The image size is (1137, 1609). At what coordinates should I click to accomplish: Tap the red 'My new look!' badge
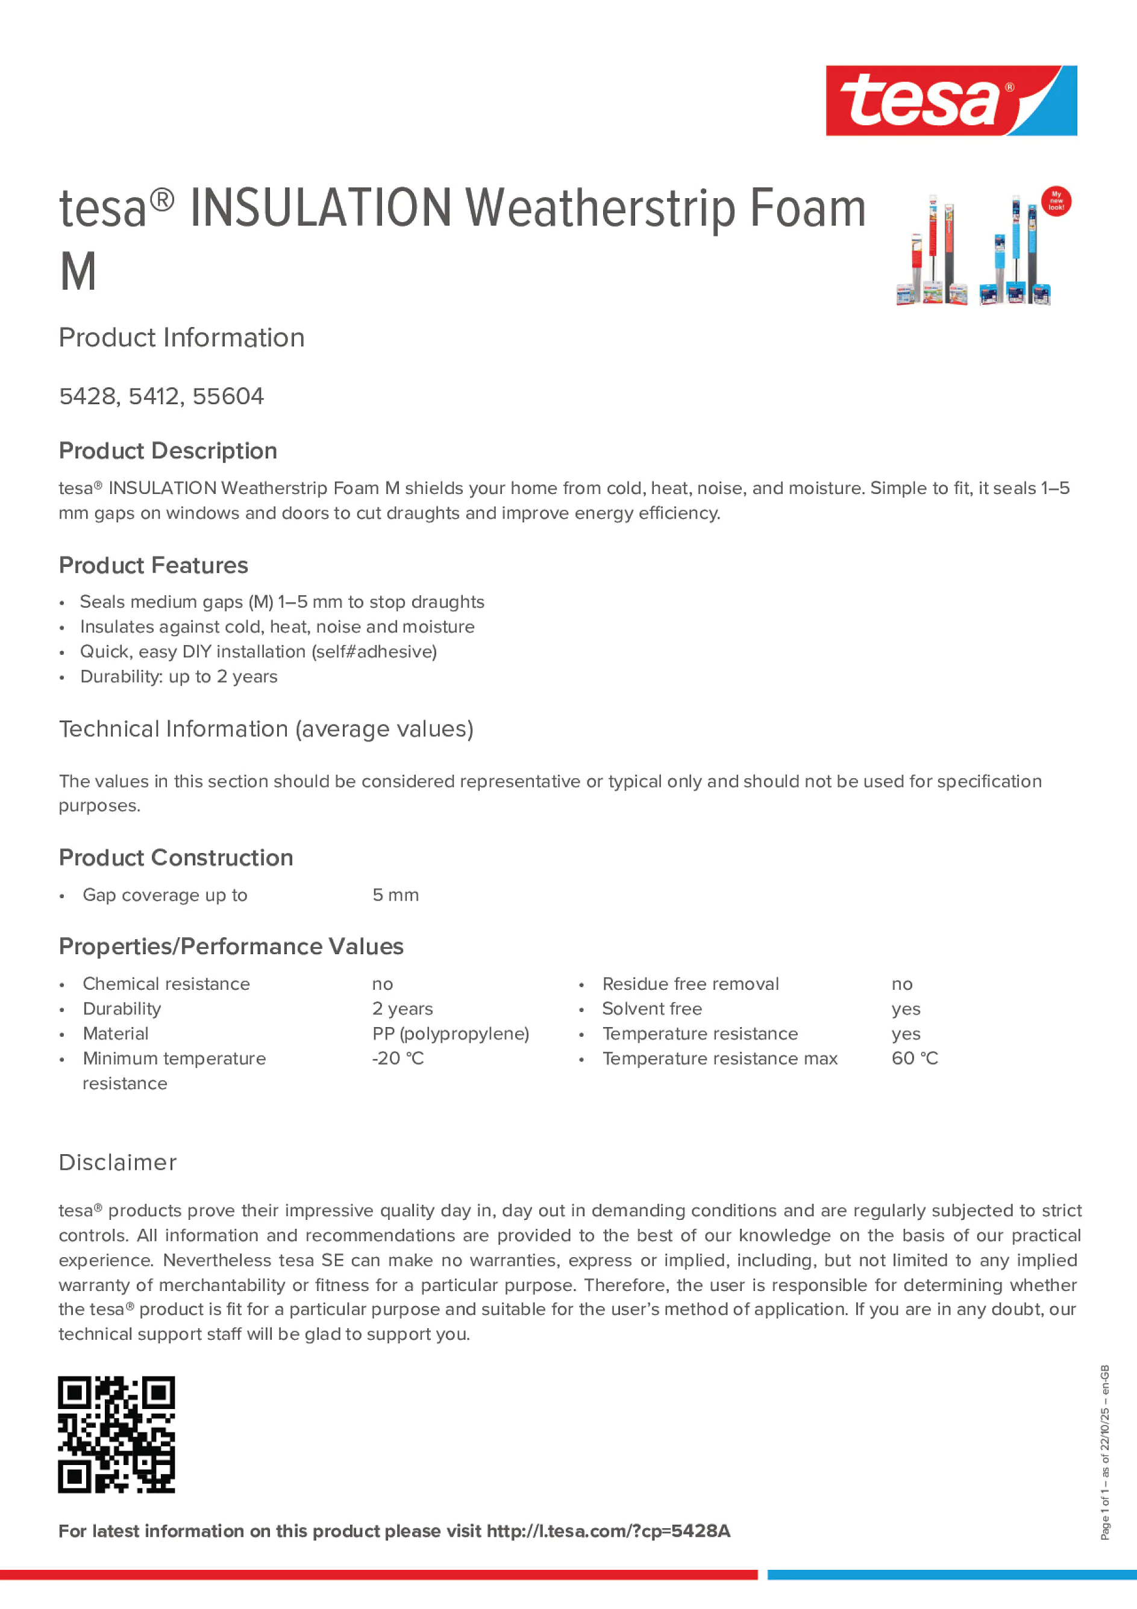tap(1055, 201)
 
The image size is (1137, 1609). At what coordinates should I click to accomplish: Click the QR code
tap(116, 1434)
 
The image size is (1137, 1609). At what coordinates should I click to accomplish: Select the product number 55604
tap(228, 396)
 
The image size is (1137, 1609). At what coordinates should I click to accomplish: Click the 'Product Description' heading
tap(168, 451)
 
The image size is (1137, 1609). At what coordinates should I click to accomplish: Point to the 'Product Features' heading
tap(153, 566)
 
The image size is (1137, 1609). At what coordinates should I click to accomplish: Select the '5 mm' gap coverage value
tap(395, 895)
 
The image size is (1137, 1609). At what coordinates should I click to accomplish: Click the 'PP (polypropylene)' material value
tap(450, 1034)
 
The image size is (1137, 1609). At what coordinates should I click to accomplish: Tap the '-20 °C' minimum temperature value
tap(398, 1058)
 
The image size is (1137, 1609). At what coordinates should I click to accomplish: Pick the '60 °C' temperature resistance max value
tap(914, 1058)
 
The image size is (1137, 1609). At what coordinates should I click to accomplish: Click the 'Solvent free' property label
tap(651, 1009)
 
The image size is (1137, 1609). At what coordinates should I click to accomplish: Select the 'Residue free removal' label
tap(690, 984)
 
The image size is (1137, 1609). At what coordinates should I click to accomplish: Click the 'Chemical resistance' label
tap(166, 984)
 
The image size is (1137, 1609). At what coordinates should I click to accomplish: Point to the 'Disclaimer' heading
tap(117, 1163)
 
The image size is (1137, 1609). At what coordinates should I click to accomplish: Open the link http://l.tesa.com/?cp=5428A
tap(608, 1531)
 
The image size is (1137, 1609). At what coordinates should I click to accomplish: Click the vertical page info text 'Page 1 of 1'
tap(1104, 1514)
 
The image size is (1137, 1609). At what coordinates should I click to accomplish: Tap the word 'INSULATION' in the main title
tap(321, 209)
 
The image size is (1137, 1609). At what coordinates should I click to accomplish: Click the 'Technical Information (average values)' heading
tap(266, 730)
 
